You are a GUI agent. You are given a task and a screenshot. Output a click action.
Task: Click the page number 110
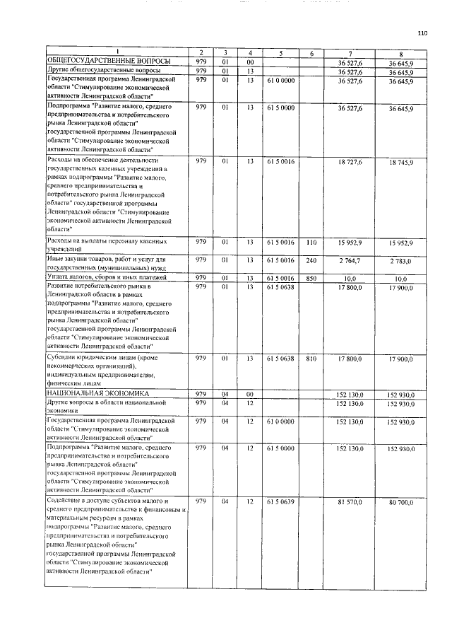(422, 33)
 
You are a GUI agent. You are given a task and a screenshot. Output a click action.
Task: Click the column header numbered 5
(280, 54)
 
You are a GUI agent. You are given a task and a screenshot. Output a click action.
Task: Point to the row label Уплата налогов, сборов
(106, 279)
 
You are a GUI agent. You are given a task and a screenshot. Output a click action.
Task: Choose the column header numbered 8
(400, 54)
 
